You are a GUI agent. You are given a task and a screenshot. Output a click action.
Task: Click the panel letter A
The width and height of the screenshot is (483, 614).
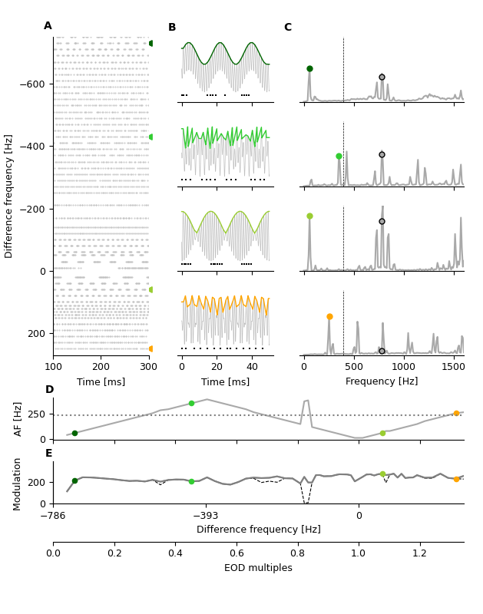48,26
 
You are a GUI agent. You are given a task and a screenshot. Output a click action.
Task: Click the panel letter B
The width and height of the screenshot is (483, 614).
172,28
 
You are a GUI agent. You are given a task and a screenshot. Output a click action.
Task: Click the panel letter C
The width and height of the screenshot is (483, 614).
288,28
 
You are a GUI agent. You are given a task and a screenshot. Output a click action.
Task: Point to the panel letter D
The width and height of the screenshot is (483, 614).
49,390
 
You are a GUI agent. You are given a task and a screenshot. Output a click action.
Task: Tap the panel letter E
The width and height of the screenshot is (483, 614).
49,454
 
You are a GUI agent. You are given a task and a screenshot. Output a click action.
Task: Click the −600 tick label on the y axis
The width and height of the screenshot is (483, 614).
33,84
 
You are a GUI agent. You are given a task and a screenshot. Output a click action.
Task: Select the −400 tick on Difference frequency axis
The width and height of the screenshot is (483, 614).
33,147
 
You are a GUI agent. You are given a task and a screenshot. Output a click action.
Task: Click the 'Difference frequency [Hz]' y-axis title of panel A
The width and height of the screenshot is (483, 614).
9,196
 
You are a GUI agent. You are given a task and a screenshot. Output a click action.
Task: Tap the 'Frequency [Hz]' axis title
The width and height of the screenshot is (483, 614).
382,381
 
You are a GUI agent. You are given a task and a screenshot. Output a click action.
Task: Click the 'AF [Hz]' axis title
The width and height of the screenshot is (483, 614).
19,419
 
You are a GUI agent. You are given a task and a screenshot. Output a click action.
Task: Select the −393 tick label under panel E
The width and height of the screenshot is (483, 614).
205,516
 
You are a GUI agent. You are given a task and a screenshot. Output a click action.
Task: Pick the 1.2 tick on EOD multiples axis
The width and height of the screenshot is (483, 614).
419,553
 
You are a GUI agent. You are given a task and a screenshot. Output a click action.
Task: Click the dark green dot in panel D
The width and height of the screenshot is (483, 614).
74,434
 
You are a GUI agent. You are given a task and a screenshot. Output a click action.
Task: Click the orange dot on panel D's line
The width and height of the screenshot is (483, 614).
456,413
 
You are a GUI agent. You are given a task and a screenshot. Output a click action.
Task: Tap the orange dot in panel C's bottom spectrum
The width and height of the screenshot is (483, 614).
329,316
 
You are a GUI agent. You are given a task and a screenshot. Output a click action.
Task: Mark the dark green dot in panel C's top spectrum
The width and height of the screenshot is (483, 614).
309,68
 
